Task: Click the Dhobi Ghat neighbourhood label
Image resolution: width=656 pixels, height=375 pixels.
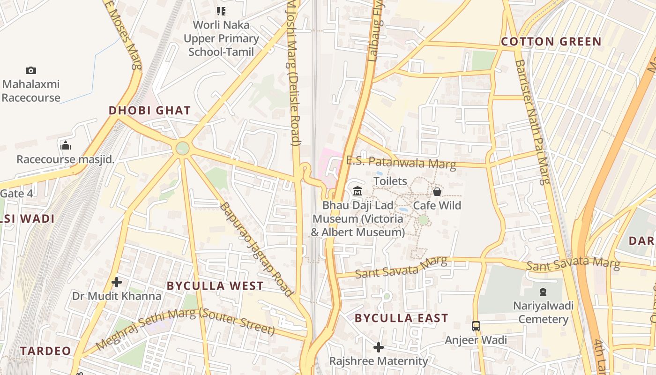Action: [149, 111]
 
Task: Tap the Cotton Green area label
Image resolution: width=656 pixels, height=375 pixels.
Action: [551, 42]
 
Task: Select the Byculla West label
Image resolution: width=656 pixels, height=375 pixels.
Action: [215, 286]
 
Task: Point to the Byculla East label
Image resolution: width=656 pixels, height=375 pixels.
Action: [402, 318]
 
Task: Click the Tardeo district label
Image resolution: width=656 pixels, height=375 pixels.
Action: [45, 351]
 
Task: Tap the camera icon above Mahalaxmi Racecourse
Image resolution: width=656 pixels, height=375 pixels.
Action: [31, 71]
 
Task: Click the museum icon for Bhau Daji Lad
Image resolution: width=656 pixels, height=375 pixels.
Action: [358, 191]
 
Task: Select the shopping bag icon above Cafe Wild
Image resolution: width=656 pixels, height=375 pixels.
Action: [437, 191]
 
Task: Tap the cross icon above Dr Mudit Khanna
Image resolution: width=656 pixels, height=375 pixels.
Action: [117, 282]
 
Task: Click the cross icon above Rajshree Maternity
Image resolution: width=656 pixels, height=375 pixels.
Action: [378, 347]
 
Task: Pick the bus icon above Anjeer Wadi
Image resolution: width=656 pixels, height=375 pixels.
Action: [476, 326]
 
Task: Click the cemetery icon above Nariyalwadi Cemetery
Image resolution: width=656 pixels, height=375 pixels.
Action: [543, 292]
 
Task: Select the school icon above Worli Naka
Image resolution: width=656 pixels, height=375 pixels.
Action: [221, 11]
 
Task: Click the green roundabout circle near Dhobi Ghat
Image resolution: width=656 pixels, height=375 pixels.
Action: [182, 149]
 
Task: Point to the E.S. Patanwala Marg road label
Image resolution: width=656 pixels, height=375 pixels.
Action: [401, 162]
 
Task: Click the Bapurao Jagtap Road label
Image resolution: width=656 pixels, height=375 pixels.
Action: [256, 249]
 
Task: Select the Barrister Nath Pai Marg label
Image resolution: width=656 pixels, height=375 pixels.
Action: [531, 122]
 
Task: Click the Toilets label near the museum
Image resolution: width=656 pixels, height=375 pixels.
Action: [390, 181]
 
